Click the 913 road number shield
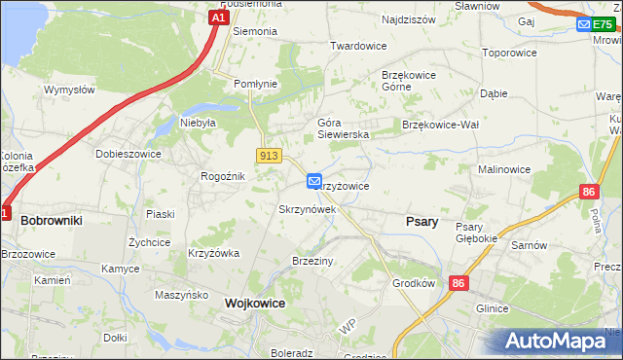pyautogui.click(x=270, y=156)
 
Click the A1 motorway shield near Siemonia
pyautogui.click(x=219, y=18)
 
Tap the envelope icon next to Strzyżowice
pyautogui.click(x=314, y=181)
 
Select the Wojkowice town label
pyautogui.click(x=255, y=303)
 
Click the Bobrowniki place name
pyautogui.click(x=52, y=221)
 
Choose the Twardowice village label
pyautogui.click(x=359, y=46)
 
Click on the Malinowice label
pyautogui.click(x=504, y=169)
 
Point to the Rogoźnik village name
pyautogui.click(x=222, y=176)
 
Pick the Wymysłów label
pyautogui.click(x=69, y=90)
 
